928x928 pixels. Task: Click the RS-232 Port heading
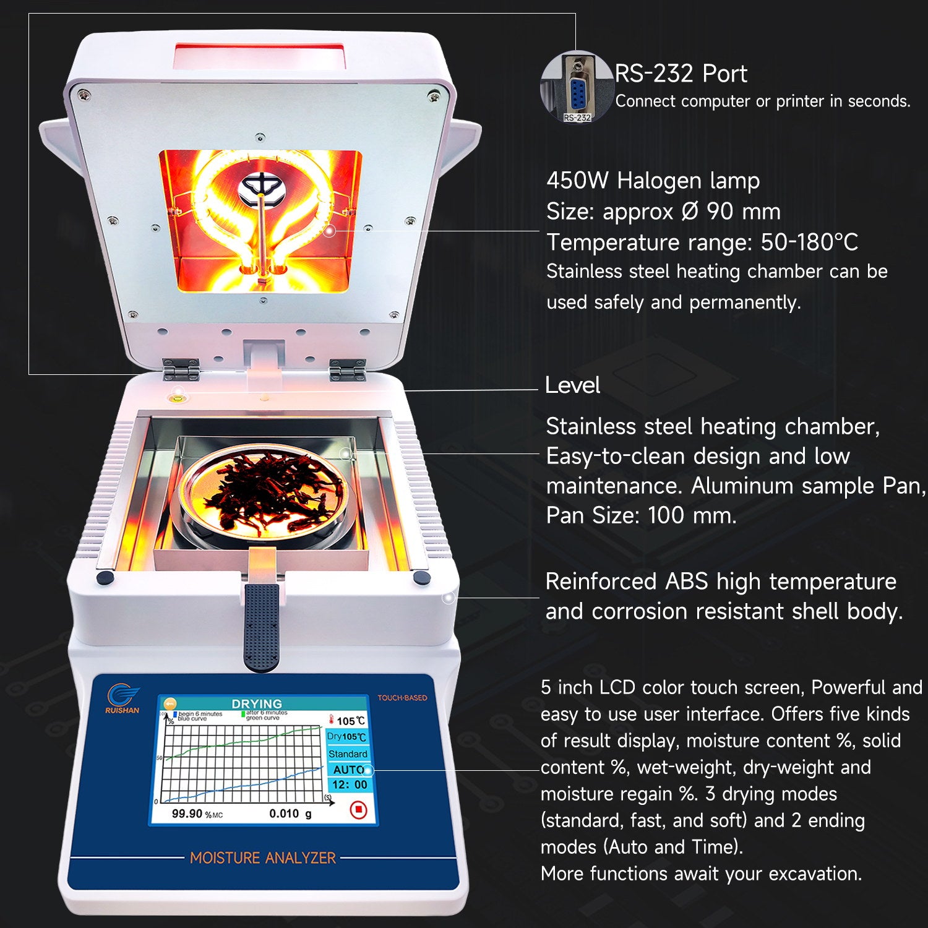tap(681, 74)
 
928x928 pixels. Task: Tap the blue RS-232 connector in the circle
tap(578, 93)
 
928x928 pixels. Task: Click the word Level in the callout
tap(572, 385)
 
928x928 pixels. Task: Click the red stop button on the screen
tap(358, 809)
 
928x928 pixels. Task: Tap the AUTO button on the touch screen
tap(348, 770)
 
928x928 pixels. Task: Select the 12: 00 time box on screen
tap(350, 785)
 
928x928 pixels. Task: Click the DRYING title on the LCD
tap(256, 704)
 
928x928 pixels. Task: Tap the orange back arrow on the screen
tap(169, 704)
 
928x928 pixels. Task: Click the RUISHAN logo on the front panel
tap(122, 699)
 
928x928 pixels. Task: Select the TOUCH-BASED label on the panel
tap(402, 698)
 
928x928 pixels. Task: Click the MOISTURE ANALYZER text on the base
tap(262, 858)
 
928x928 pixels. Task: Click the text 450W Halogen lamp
tap(653, 181)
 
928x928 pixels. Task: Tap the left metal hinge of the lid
tap(181, 369)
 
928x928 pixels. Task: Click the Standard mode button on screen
tap(348, 754)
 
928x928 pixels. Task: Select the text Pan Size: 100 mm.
tap(641, 515)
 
